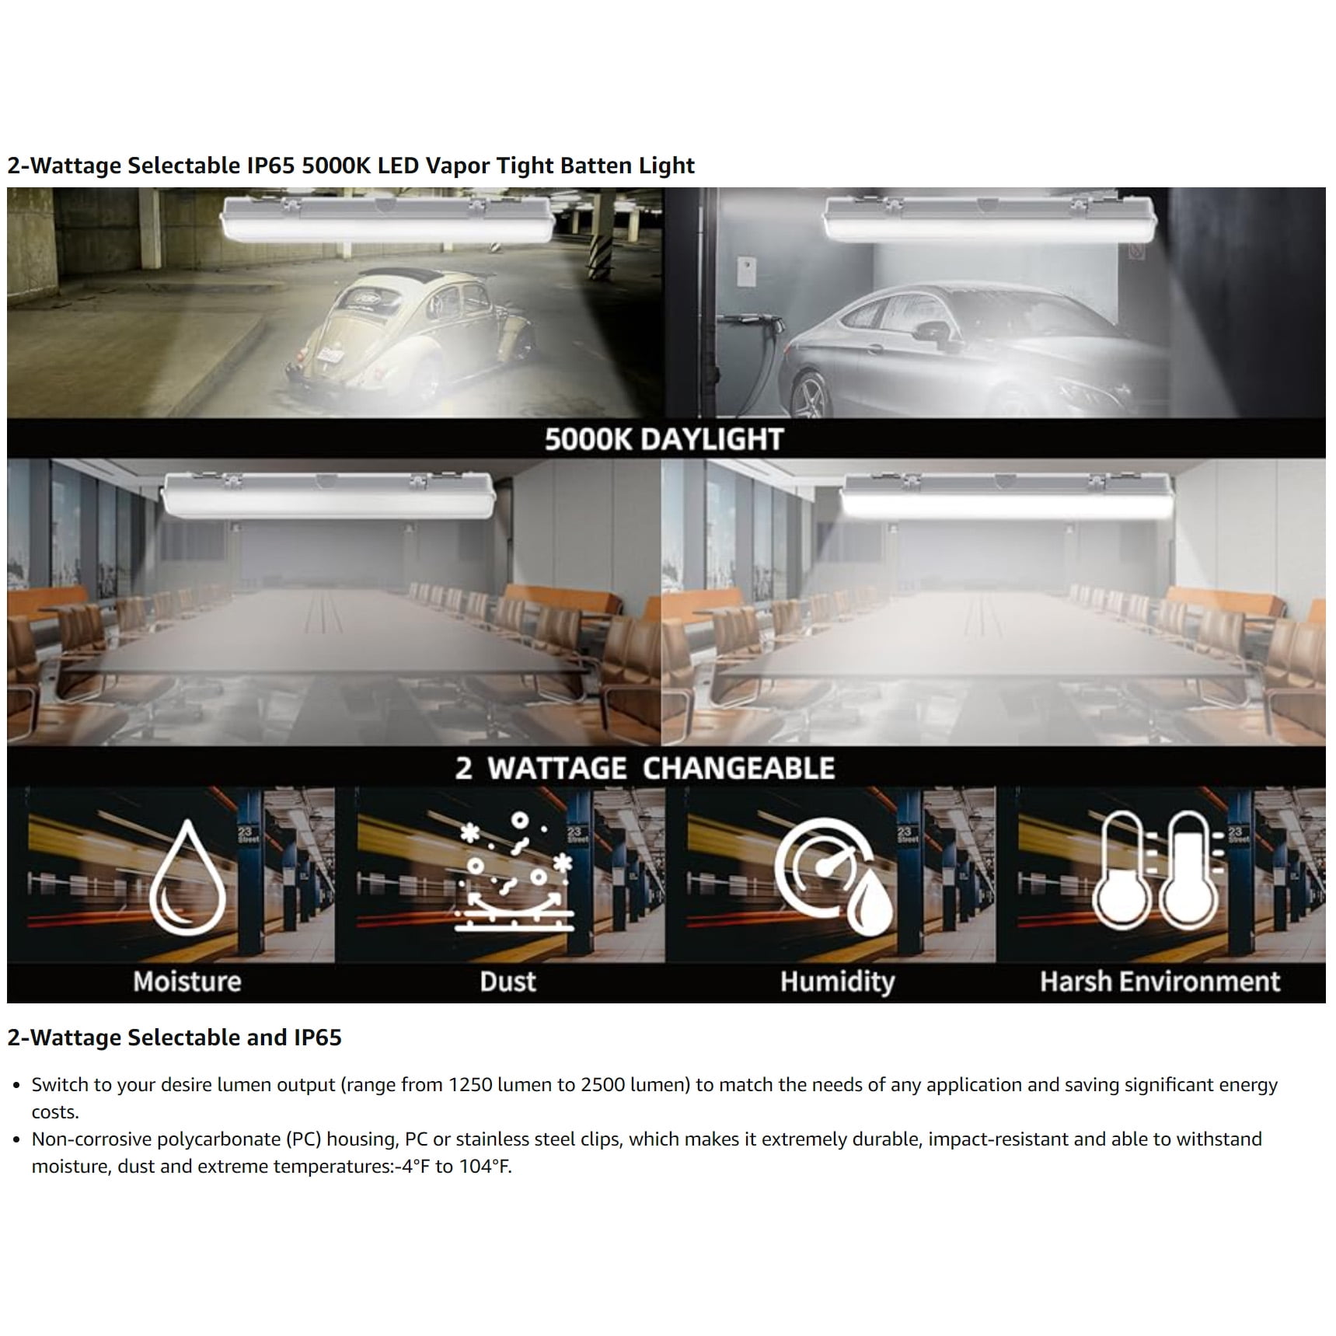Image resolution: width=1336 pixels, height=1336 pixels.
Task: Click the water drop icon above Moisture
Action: (187, 878)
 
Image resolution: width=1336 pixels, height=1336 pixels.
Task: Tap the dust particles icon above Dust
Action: (514, 872)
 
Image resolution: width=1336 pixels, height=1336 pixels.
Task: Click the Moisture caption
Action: (187, 982)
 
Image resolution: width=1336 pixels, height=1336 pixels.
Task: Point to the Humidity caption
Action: (837, 982)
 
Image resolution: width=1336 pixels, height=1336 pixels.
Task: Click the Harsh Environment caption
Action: (1160, 982)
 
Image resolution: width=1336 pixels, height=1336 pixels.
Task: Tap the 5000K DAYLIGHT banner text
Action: (664, 439)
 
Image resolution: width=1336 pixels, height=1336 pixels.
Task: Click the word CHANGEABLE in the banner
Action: (738, 769)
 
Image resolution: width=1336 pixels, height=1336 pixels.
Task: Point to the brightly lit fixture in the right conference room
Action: (1007, 497)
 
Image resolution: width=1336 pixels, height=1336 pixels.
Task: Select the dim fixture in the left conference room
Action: (327, 495)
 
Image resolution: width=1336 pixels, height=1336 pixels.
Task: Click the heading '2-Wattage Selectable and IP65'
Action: (174, 1038)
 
